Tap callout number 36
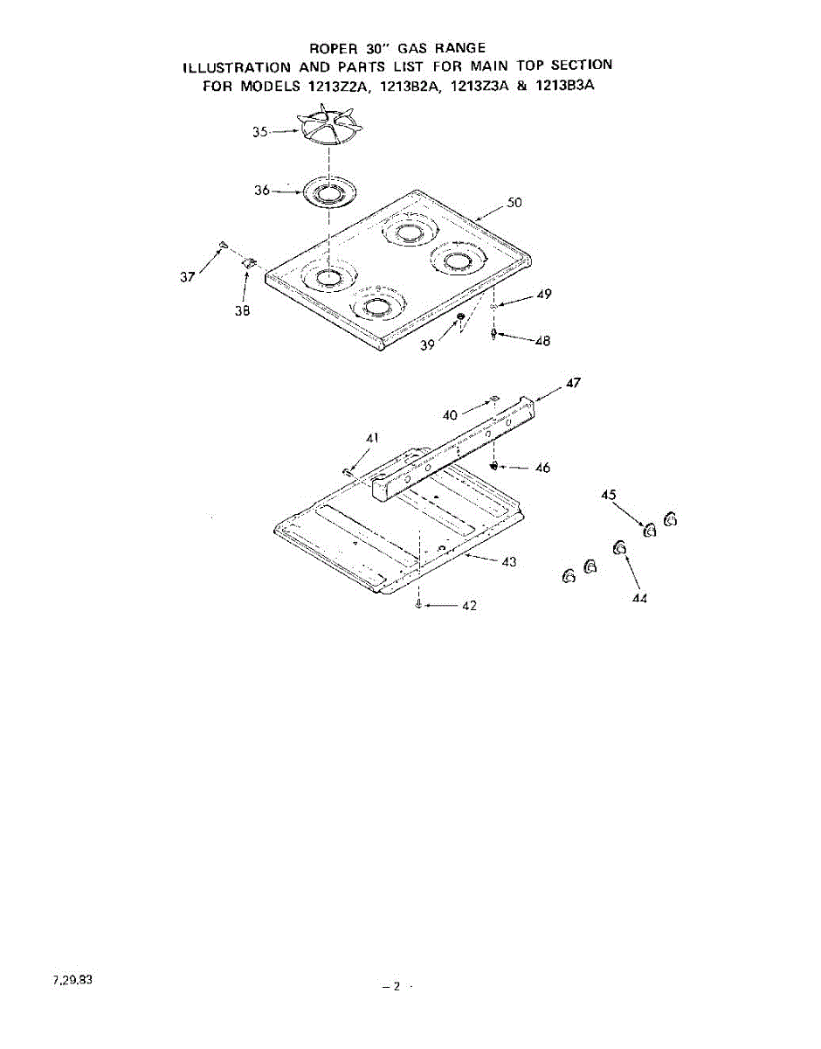[x=262, y=191]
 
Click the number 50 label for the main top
[x=514, y=204]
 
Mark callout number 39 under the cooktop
[x=427, y=344]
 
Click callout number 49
[x=544, y=295]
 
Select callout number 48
[x=542, y=341]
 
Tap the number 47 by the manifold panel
[x=572, y=383]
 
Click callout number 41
[x=372, y=437]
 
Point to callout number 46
[x=542, y=469]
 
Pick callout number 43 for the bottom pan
[x=507, y=561]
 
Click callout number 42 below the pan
[x=469, y=607]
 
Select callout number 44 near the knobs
[x=640, y=599]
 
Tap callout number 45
[x=610, y=496]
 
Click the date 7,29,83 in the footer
[x=72, y=980]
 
